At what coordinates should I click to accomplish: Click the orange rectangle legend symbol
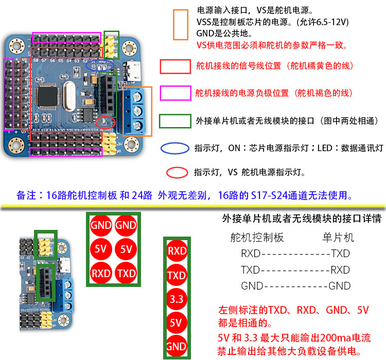(181, 25)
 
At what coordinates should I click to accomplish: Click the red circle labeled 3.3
(176, 298)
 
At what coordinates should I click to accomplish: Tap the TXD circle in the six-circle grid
(126, 273)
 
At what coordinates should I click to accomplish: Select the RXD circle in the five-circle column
(176, 251)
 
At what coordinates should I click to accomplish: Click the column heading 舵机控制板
(257, 238)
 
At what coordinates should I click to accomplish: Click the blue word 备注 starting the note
(27, 196)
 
